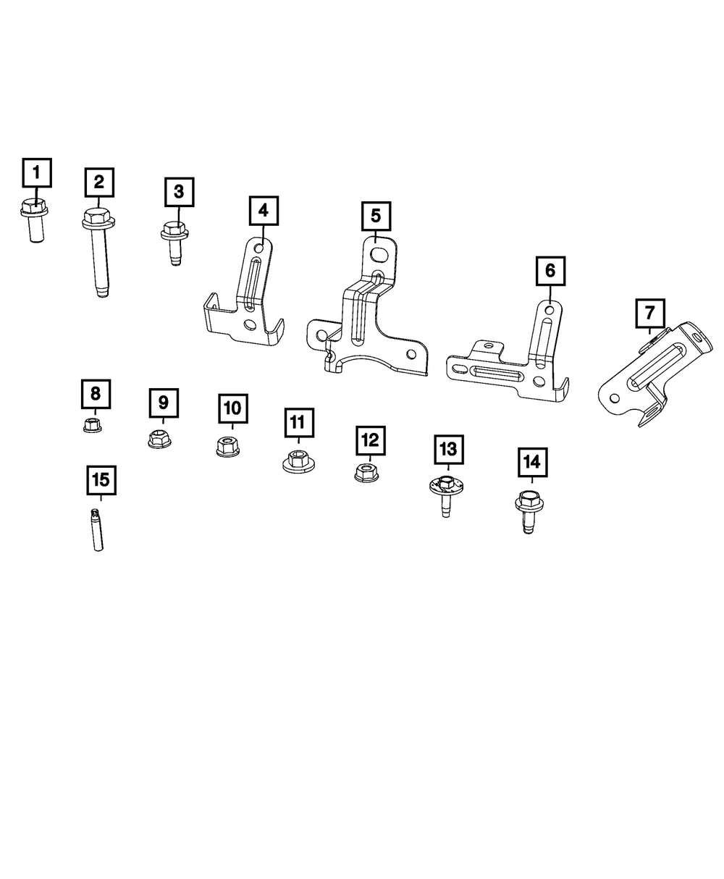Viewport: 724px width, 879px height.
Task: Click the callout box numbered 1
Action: (x=36, y=174)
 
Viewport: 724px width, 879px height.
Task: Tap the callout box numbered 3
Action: (x=178, y=192)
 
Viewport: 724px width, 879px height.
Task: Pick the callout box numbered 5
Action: (x=376, y=216)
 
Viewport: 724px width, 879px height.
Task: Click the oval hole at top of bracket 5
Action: (x=379, y=254)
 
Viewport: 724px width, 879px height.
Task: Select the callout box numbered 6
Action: (x=550, y=271)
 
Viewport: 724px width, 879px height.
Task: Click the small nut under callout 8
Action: (x=93, y=424)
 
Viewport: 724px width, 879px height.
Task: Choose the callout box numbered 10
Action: (x=232, y=408)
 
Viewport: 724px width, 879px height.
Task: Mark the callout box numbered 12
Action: (x=370, y=440)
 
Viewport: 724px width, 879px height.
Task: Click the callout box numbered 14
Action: (x=532, y=462)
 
